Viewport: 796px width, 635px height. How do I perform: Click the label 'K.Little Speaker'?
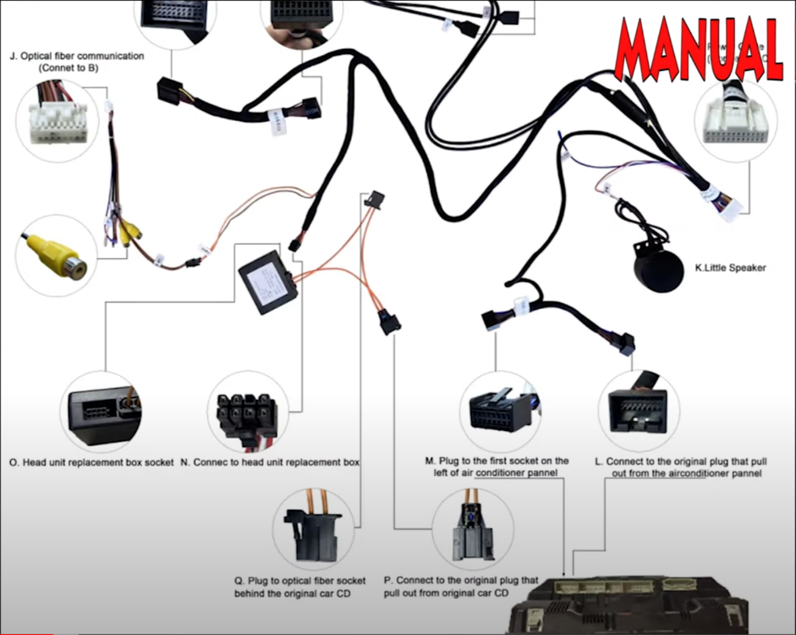[x=730, y=268]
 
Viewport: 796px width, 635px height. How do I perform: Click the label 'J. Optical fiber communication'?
[x=77, y=56]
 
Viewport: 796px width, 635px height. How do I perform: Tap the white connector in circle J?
[x=57, y=121]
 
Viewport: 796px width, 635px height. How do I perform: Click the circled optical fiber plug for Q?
[x=312, y=527]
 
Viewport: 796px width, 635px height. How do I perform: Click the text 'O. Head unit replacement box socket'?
[x=91, y=463]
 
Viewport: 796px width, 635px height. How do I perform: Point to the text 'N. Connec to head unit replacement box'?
[x=270, y=463]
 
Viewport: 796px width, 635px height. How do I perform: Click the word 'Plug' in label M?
[x=451, y=461]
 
